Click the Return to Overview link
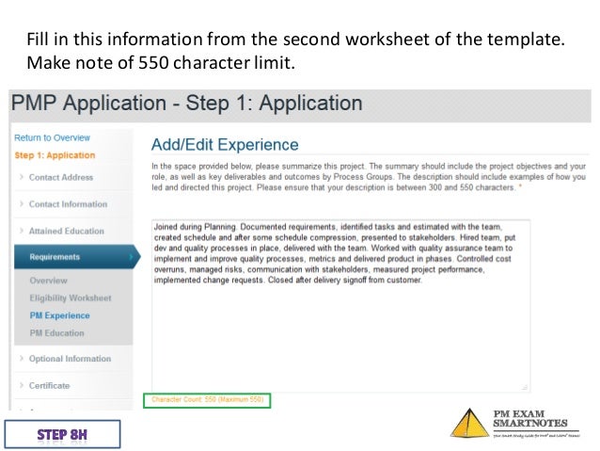point(52,137)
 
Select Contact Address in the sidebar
point(60,177)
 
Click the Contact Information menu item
point(68,204)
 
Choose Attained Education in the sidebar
point(66,231)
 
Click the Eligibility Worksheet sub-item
point(70,298)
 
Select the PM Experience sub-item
point(59,315)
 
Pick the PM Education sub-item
point(56,332)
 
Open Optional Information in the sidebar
point(70,359)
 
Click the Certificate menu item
point(49,385)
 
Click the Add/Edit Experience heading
point(225,145)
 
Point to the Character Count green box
point(207,400)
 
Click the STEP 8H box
point(62,434)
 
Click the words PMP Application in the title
point(85,104)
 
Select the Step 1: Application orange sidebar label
point(55,155)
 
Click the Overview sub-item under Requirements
point(48,281)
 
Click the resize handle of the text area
point(525,386)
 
